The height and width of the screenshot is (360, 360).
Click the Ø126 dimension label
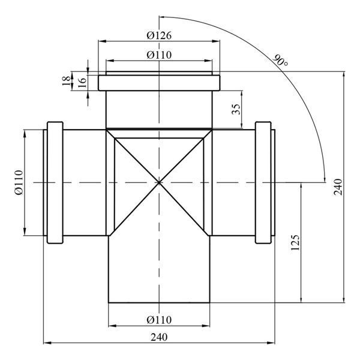click(159, 35)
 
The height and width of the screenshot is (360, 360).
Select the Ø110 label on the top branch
click(159, 55)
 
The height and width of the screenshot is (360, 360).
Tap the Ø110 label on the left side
click(19, 182)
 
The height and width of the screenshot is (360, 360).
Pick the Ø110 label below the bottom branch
click(159, 320)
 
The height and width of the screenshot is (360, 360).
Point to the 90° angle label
click(280, 61)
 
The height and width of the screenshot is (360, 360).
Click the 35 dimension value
click(236, 109)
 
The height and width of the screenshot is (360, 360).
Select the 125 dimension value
click(295, 242)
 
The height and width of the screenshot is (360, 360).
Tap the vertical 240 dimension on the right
click(338, 187)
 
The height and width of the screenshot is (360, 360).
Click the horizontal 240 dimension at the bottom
click(159, 337)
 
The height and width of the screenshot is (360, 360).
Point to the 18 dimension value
click(66, 81)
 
